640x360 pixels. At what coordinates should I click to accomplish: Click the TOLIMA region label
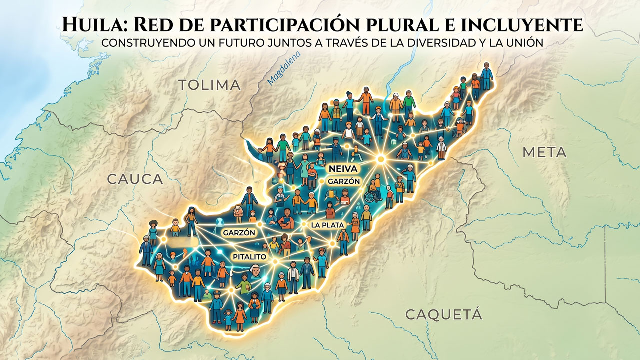209,85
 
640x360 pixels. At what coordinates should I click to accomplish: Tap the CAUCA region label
135,179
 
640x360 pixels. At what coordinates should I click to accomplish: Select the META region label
544,152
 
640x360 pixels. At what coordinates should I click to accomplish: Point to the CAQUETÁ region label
443,314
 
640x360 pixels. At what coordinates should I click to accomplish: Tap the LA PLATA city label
327,225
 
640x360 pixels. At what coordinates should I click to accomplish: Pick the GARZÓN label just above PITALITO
239,233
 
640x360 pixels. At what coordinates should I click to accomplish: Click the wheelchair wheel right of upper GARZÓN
369,197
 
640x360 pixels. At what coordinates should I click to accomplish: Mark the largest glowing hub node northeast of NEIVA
380,159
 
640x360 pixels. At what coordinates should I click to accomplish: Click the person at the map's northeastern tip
486,75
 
